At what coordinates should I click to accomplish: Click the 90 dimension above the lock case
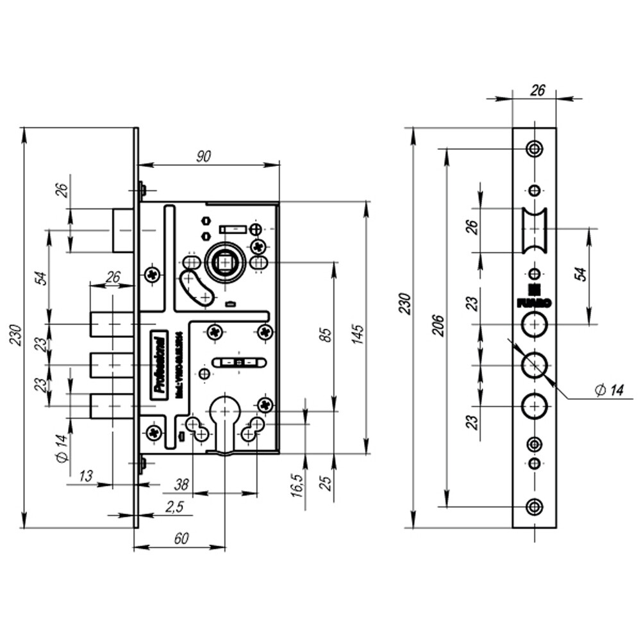[x=204, y=155]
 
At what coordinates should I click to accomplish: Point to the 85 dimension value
[x=325, y=335]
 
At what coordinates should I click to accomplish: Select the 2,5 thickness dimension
[x=174, y=507]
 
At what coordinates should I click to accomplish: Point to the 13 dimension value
[x=85, y=476]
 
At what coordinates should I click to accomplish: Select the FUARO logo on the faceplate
[x=534, y=300]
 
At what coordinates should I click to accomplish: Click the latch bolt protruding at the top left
[x=123, y=229]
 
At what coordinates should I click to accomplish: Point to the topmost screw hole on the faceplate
[x=534, y=149]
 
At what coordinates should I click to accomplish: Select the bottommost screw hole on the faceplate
[x=534, y=506]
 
